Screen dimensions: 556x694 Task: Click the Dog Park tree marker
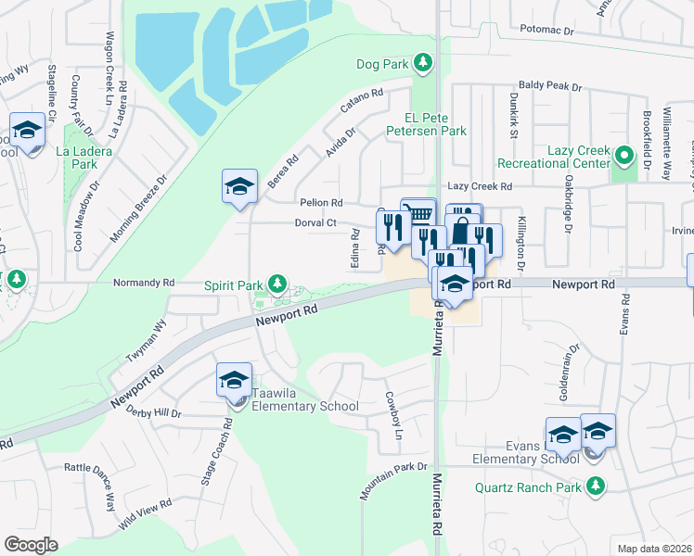[423, 63]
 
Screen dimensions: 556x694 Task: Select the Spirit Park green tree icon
[276, 283]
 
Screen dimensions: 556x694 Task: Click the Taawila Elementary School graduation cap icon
[234, 379]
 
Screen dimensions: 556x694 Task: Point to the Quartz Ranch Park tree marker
[595, 486]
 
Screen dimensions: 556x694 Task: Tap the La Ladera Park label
[76, 157]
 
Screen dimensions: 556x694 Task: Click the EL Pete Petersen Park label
[435, 124]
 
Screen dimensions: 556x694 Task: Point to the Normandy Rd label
[143, 282]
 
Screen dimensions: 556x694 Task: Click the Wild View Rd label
[145, 515]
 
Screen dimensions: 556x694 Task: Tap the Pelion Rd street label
[321, 202]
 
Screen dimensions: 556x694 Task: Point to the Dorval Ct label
[315, 223]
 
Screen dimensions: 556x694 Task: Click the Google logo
[31, 545]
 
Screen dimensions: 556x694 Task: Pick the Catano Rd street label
[362, 100]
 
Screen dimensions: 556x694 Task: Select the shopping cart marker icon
[419, 214]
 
